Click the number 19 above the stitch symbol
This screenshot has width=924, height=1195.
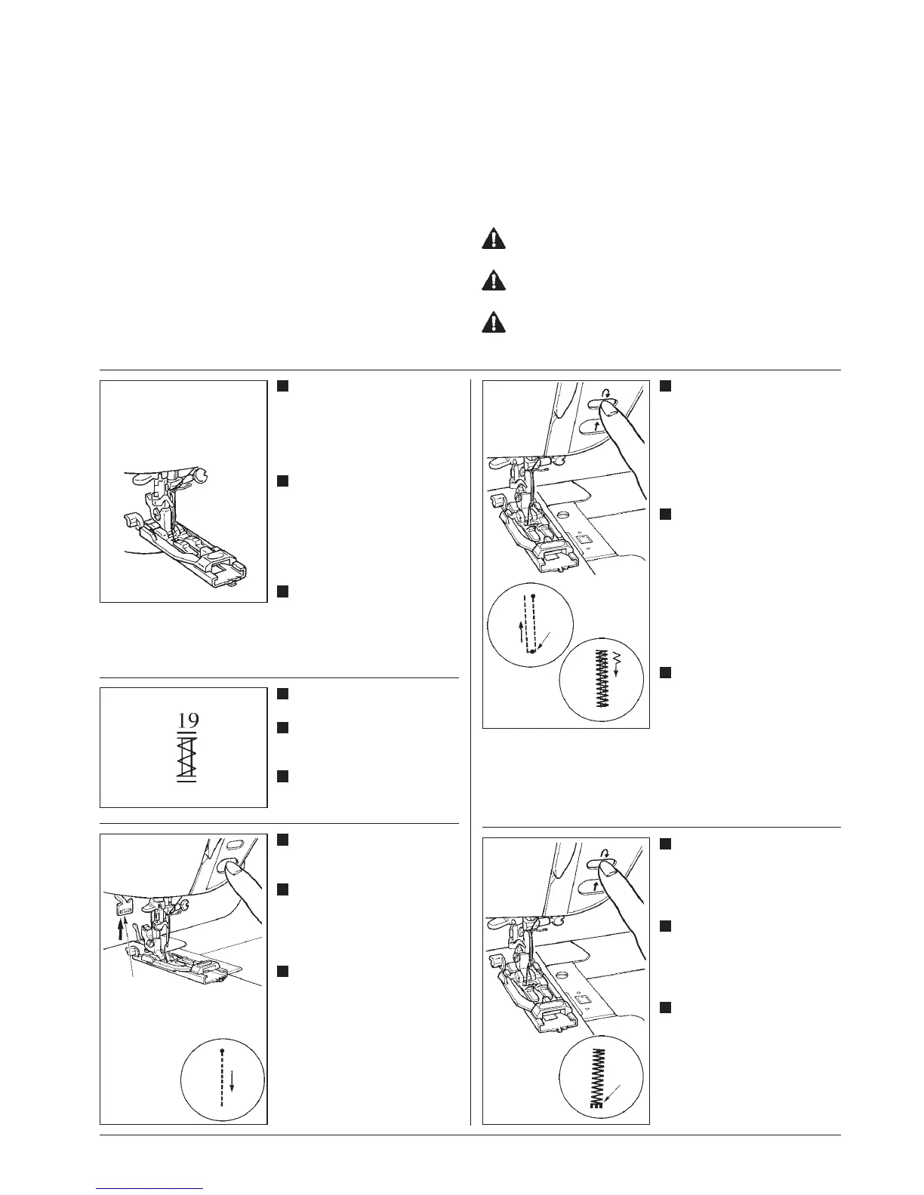click(188, 719)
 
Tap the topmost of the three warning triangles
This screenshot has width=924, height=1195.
click(494, 240)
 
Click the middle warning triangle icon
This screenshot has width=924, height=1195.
click(494, 281)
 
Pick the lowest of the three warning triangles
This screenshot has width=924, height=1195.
click(494, 322)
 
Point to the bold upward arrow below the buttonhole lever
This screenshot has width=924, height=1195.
click(121, 925)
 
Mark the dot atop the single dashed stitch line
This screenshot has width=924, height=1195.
click(222, 1050)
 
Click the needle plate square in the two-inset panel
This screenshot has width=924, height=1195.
click(583, 538)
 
